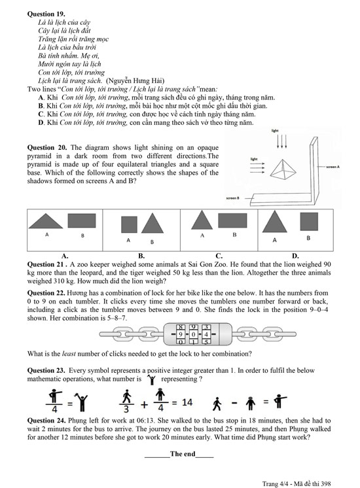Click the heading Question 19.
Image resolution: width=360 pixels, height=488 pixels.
pos(46,14)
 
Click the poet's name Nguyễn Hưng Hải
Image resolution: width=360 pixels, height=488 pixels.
pos(135,80)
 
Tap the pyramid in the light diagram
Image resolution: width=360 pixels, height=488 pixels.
pos(283,169)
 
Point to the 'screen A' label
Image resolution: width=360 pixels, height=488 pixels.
pos(333,167)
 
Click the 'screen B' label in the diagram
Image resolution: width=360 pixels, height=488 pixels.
pos(232,198)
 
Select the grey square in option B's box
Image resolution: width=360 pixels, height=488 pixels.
pos(129,224)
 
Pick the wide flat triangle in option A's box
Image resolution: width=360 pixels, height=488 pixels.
pos(46,221)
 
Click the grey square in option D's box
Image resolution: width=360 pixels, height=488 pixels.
pos(309,222)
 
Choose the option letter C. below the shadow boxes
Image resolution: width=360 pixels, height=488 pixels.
pos(219,256)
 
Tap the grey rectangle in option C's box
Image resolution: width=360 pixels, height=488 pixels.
pos(232,220)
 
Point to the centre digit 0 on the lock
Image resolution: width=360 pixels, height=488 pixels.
pos(193,334)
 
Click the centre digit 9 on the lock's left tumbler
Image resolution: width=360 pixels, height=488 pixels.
pos(180,334)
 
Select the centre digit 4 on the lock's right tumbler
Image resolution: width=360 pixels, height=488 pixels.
pos(206,334)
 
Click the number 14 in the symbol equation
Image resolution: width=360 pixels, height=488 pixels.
pos(187,402)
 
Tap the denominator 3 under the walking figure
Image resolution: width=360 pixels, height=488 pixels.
pos(126,408)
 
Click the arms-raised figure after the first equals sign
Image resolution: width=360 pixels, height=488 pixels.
pos(83,402)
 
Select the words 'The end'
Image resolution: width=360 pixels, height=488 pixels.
pos(183,454)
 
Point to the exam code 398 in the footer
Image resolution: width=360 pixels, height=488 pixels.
pos(326,483)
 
